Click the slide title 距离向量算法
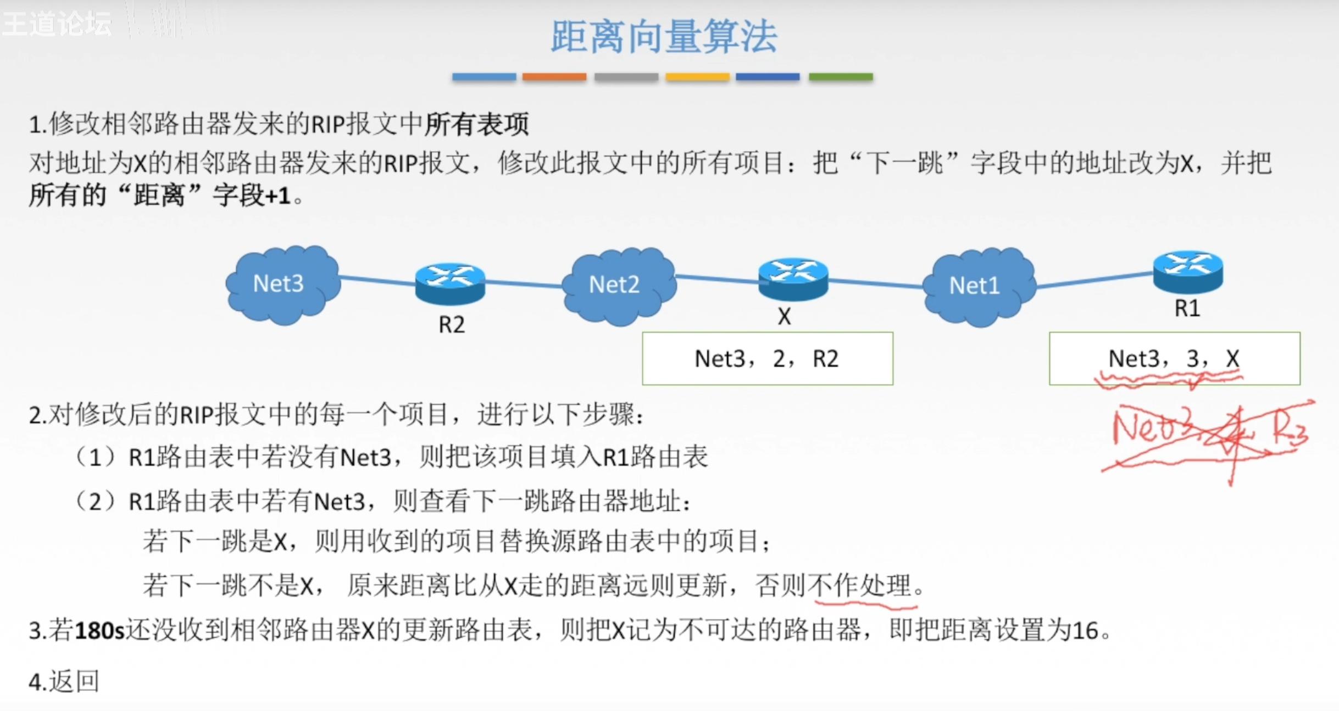coord(664,37)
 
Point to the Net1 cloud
coord(977,286)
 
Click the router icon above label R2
coord(450,282)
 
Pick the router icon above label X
coord(793,278)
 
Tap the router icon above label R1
coord(1188,271)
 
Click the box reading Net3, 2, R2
coord(767,358)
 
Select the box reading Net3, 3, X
coord(1174,358)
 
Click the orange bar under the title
coord(554,77)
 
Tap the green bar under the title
coord(841,77)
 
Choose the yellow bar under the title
coord(697,77)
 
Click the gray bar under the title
coord(626,77)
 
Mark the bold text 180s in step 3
coord(99,630)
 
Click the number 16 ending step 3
coord(1085,630)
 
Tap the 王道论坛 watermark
coord(57,23)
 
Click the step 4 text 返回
coord(74,681)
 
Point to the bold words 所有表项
coord(476,124)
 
